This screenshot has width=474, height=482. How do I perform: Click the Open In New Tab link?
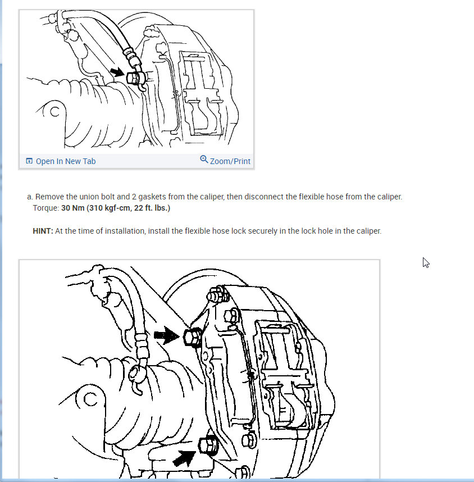click(x=66, y=161)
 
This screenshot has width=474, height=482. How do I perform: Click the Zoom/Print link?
click(x=230, y=161)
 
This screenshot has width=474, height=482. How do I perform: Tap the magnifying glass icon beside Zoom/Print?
click(x=204, y=159)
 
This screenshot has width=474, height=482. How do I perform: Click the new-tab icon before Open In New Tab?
click(x=29, y=161)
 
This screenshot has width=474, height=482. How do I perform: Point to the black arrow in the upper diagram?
click(x=117, y=72)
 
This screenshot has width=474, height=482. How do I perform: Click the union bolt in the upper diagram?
click(x=133, y=78)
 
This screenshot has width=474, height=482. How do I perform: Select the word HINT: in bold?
click(x=43, y=231)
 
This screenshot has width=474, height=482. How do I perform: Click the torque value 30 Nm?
click(x=72, y=208)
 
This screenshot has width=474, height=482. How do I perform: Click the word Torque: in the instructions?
click(x=46, y=208)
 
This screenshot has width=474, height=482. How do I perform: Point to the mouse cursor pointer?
click(x=426, y=263)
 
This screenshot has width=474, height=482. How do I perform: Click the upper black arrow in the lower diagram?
click(x=166, y=335)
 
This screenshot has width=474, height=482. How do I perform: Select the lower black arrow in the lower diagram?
click(x=184, y=458)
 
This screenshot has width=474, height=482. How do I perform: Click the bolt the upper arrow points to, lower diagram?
click(x=193, y=337)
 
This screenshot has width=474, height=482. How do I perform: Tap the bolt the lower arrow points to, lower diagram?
click(x=208, y=445)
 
